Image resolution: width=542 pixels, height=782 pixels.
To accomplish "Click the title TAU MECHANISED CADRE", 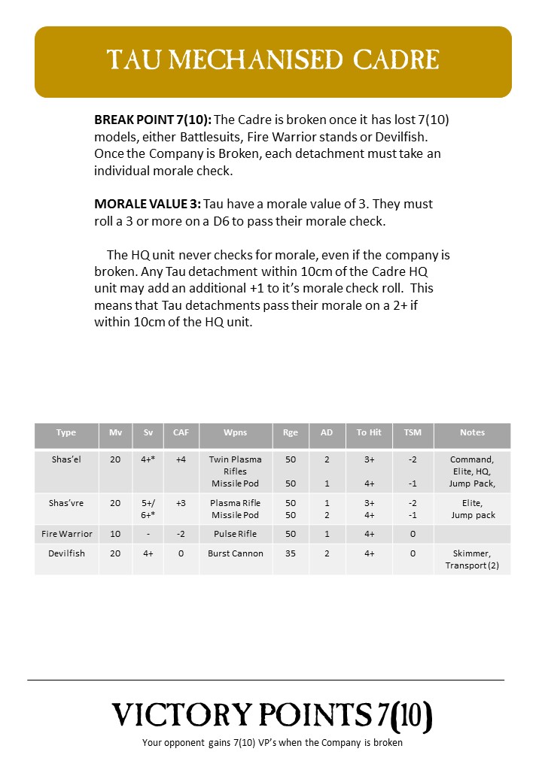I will click(273, 60).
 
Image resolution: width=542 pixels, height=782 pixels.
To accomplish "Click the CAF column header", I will click(181, 432).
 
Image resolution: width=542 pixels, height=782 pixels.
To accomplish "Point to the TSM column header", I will click(413, 432).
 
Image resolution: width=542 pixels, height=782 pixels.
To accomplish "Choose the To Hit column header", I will click(369, 432).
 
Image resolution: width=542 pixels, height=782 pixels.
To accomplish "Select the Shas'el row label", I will click(66, 459).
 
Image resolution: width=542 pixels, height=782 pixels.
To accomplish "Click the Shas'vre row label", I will click(66, 503).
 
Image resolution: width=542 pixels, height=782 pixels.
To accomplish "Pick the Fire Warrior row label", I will click(66, 534).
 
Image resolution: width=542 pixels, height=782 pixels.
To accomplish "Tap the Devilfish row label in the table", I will click(66, 553).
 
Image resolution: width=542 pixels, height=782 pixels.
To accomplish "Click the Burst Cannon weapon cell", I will click(235, 553).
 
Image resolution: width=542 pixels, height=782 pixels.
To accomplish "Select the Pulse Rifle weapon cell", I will click(235, 534).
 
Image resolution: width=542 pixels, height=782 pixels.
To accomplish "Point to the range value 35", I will click(291, 553).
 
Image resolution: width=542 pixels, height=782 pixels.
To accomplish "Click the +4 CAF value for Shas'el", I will click(181, 459).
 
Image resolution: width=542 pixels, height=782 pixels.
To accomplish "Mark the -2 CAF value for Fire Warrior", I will click(181, 534).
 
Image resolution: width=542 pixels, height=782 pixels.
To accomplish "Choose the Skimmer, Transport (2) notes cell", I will click(472, 559).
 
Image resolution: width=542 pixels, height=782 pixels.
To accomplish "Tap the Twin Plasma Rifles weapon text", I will click(235, 465).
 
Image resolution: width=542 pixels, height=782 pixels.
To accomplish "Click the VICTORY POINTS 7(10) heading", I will click(273, 715).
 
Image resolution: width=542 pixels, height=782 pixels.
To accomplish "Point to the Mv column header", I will click(115, 432).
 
